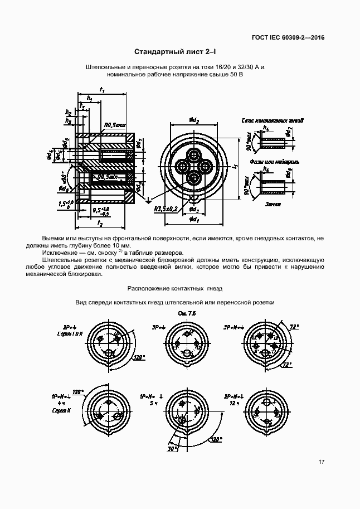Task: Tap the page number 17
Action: [x=322, y=462]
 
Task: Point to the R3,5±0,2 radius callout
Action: [x=166, y=209]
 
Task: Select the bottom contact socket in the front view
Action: [x=194, y=178]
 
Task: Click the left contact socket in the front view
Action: [x=182, y=166]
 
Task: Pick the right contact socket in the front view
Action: [x=206, y=166]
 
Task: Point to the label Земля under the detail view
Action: [x=273, y=204]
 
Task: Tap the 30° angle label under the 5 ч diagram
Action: [x=173, y=448]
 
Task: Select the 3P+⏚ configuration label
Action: [x=159, y=327]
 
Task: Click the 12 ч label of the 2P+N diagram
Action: [x=234, y=403]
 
